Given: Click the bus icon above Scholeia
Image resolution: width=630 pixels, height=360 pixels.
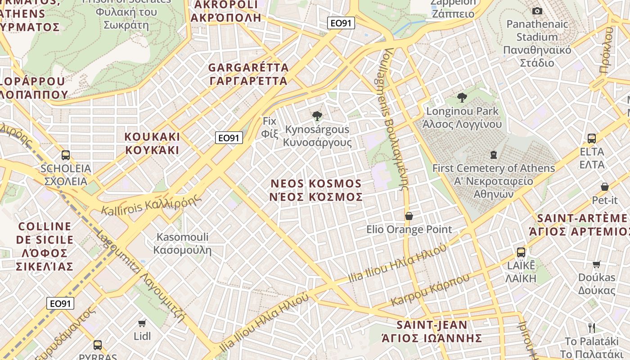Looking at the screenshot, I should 66,155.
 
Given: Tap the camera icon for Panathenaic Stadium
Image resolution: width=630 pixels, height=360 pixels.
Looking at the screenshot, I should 537,11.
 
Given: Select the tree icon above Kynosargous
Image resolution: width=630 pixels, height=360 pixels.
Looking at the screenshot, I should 317,116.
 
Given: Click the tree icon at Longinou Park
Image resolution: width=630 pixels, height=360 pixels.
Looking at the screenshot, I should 462,97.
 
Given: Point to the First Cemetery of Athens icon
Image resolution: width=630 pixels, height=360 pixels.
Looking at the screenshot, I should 494,155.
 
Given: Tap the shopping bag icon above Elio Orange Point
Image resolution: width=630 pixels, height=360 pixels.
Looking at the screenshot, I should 409,216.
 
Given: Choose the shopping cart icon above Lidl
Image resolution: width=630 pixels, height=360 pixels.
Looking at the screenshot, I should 142,323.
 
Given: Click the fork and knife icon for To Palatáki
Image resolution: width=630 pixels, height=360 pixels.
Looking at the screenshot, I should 592,328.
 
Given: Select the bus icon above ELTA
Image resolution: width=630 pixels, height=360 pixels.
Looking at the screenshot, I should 592,138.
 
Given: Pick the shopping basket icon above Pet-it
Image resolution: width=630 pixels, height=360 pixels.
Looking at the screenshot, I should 605,186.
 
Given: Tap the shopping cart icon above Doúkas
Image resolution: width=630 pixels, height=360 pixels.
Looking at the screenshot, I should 597,264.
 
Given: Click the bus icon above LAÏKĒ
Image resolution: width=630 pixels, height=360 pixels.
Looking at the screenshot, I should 521,252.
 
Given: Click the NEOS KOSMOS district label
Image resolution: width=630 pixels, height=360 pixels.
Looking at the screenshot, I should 316,190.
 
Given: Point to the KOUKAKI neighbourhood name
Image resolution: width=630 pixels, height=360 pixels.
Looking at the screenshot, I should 152,143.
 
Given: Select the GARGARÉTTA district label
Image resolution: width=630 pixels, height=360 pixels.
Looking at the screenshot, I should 248,74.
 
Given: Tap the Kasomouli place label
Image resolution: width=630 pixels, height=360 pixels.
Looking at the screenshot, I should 182,243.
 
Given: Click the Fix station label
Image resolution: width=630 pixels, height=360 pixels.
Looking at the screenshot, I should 269,127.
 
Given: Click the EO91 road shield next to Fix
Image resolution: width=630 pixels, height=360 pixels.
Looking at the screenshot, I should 229,138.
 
